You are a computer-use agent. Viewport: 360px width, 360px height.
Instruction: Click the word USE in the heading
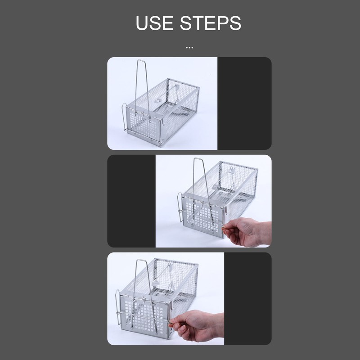(154, 23)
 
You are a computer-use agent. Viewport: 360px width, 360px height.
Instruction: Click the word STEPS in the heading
(211, 23)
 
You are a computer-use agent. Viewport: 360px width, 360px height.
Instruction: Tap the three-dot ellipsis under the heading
(189, 48)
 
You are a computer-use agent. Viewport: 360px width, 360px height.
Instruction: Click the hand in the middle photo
(247, 232)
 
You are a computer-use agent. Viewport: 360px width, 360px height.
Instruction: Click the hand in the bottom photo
(198, 325)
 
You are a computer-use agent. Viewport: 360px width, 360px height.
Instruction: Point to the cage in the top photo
(161, 103)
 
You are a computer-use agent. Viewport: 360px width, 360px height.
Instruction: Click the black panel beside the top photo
(244, 103)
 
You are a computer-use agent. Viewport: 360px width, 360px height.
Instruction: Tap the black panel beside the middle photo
(131, 201)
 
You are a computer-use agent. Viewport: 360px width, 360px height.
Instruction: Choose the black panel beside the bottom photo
(248, 299)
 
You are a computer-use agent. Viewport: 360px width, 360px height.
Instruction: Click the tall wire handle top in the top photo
(141, 60)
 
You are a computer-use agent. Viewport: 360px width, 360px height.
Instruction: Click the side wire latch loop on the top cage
(124, 117)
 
